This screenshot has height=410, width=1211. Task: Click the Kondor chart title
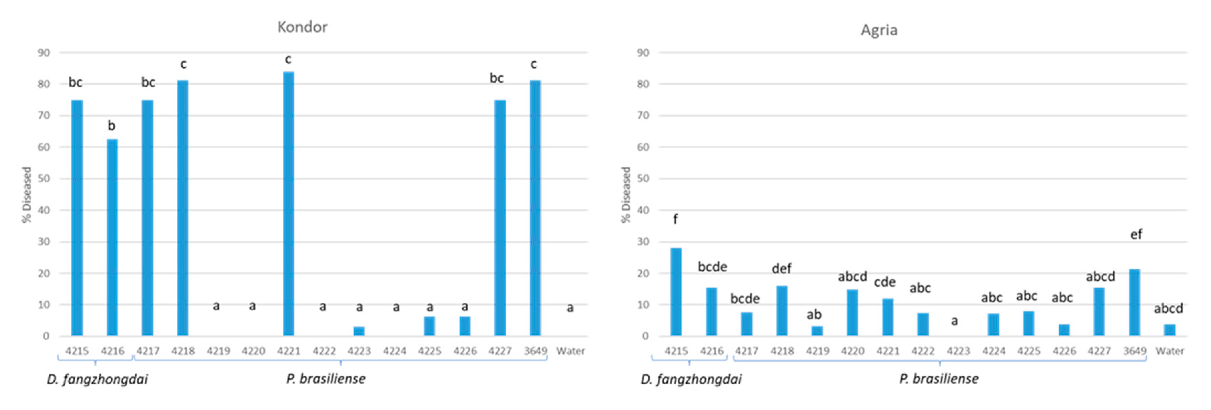point(302,27)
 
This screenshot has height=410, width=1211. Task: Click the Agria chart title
point(878,30)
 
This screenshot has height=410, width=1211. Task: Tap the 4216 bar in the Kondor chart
point(112,237)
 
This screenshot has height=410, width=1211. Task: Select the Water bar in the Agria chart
point(1170,330)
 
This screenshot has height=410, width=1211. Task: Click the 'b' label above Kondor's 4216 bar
point(111,125)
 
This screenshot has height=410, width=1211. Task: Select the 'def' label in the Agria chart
point(781,269)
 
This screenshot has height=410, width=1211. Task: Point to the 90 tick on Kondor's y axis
point(44,53)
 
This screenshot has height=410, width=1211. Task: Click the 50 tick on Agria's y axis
point(643,179)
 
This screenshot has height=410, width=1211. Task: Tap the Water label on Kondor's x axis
point(570,351)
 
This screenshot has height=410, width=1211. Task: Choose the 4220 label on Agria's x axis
point(852,351)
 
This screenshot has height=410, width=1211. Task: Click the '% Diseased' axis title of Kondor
point(26,195)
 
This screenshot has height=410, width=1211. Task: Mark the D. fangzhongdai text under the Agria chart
point(691,379)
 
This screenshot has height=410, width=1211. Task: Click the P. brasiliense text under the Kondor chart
point(326,379)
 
